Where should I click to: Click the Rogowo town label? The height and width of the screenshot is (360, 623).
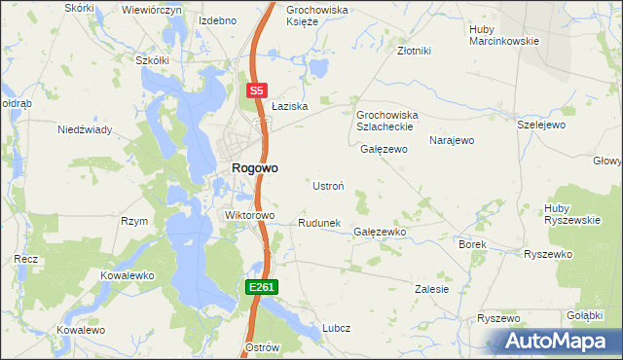(x=254, y=167)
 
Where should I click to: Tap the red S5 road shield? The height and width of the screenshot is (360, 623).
(x=255, y=90)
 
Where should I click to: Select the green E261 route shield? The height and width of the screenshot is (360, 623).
(x=263, y=287)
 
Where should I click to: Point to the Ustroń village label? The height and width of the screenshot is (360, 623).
(x=327, y=185)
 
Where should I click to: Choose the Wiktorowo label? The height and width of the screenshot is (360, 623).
(x=250, y=215)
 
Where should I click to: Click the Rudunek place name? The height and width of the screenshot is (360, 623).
(x=318, y=223)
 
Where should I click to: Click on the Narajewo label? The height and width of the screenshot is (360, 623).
(x=452, y=140)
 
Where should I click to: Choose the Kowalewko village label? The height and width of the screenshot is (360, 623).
(x=128, y=275)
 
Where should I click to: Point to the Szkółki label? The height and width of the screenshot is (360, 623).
(x=153, y=59)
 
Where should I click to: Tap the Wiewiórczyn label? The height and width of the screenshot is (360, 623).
(x=152, y=9)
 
